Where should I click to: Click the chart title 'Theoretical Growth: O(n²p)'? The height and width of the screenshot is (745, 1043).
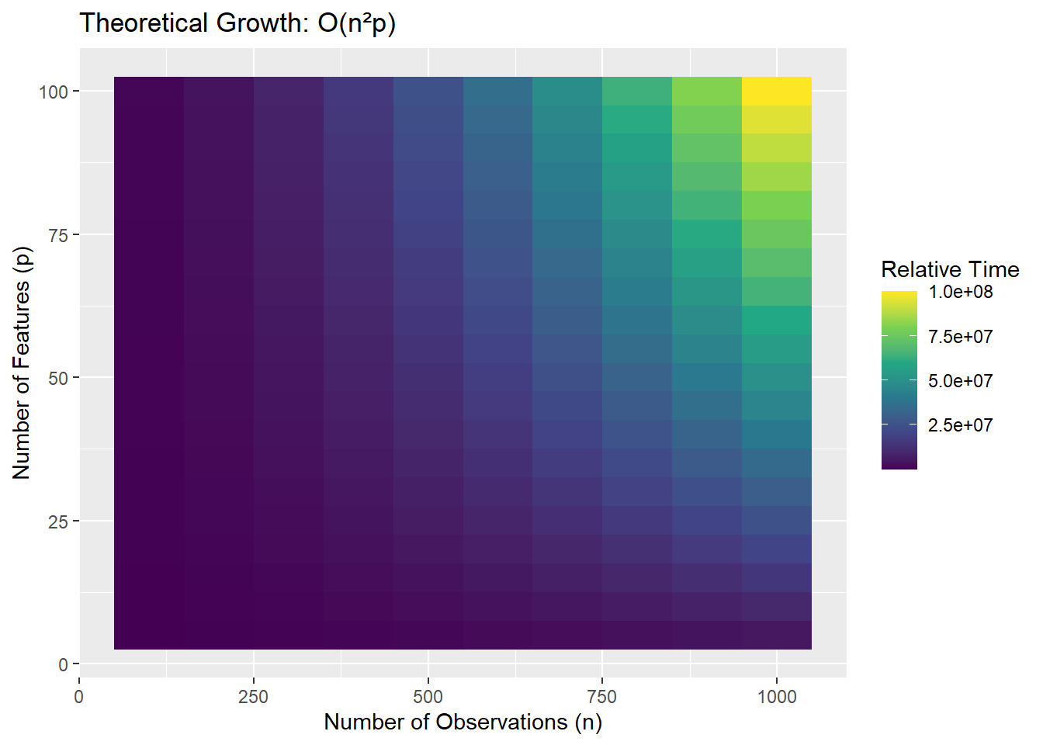[x=237, y=23]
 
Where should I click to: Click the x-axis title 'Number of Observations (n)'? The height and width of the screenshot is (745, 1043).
[x=463, y=722]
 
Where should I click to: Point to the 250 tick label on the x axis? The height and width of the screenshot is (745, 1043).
[x=253, y=697]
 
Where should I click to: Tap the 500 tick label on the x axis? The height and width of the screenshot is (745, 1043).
[x=428, y=697]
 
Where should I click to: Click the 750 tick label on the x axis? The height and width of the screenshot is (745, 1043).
[x=602, y=697]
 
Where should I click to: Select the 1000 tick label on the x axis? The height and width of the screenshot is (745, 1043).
[x=777, y=697]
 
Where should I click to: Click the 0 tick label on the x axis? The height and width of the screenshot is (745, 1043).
[x=79, y=697]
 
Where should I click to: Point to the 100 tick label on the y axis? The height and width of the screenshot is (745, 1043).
[x=54, y=92]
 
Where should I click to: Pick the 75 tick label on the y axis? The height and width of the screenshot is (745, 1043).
[x=58, y=234]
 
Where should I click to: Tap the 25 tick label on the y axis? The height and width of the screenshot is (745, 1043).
[x=58, y=521]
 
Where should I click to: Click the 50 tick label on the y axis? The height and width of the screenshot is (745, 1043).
[x=58, y=378]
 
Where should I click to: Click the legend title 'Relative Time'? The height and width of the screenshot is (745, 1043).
[x=950, y=269]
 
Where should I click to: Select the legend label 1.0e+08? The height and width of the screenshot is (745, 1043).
[x=960, y=292]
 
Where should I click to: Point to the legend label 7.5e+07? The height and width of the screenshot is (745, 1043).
[x=960, y=337]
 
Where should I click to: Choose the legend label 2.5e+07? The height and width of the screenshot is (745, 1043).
[x=960, y=425]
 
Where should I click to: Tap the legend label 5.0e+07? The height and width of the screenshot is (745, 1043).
[x=960, y=381]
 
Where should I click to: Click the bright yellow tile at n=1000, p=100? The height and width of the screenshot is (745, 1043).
[x=777, y=92]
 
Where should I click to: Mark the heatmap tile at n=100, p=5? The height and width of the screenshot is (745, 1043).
[x=149, y=636]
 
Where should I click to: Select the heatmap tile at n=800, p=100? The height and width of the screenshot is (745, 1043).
[x=637, y=92]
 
